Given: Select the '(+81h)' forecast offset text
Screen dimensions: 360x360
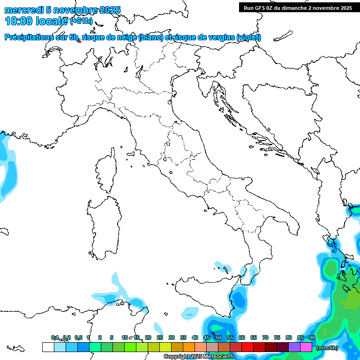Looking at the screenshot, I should (x=82, y=21).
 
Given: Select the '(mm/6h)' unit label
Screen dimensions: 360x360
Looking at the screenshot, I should (x=327, y=347).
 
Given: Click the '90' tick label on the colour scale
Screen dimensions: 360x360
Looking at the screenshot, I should (x=312, y=337).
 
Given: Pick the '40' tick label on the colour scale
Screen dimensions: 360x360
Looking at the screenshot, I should (x=195, y=337).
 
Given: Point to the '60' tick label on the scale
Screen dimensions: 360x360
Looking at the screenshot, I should (x=242, y=337).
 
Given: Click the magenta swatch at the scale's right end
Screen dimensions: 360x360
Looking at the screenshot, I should (x=306, y=347).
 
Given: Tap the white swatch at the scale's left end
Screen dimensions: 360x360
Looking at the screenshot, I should (x=48, y=347).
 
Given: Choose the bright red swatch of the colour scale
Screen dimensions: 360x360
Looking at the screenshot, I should (x=247, y=347).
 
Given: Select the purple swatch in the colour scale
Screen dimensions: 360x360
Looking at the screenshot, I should (x=294, y=347).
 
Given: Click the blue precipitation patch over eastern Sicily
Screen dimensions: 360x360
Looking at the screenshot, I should (x=240, y=300).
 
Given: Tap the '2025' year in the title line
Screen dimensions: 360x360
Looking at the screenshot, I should (x=110, y=10).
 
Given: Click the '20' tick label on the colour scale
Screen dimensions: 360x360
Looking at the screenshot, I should (x=148, y=337).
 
